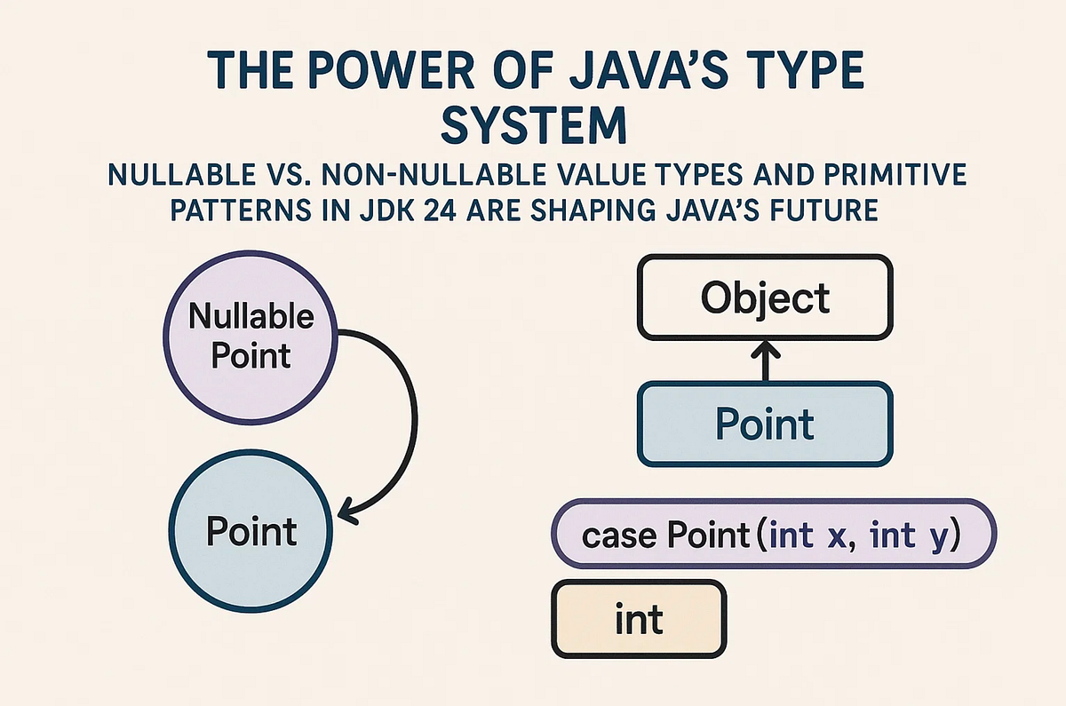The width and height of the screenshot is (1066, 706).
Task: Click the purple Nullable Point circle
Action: (x=251, y=337)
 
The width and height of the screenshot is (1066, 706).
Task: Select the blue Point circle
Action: (x=251, y=532)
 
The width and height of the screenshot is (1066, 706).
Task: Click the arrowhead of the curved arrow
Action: (x=345, y=513)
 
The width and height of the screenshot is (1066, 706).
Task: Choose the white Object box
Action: (x=764, y=297)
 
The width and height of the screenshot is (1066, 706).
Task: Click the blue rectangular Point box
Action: (x=764, y=424)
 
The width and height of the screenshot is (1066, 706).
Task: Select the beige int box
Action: (x=639, y=618)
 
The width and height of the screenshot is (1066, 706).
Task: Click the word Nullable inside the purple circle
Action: (x=251, y=317)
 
